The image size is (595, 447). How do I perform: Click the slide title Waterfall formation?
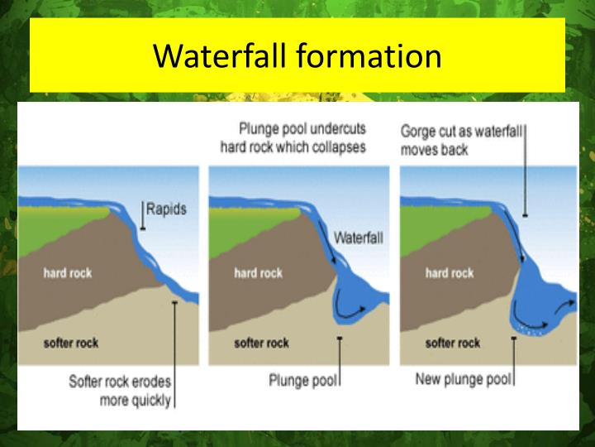[x=297, y=55]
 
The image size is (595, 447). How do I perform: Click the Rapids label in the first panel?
[x=166, y=209]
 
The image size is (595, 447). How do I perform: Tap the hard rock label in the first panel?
[x=69, y=272]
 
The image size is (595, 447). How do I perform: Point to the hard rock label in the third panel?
[x=450, y=272]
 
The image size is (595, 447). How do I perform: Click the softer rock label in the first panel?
[x=71, y=343]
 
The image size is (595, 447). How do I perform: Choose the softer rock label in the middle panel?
[x=262, y=343]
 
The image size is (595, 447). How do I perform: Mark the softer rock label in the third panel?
[x=453, y=343]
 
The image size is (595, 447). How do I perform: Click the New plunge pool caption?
[x=464, y=380]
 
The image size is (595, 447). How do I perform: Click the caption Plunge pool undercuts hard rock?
[x=293, y=137]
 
